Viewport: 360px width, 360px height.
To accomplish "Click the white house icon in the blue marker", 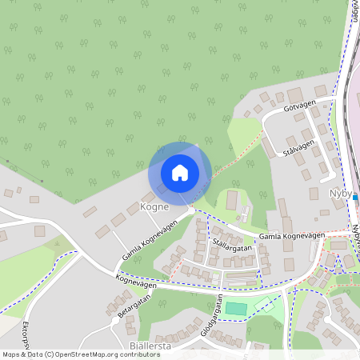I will pos(180,172).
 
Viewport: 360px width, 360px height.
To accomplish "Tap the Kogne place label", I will pos(153,206).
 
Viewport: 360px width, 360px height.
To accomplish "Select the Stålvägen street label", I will pos(299,148).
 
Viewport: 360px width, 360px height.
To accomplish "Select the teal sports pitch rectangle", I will pos(236,308).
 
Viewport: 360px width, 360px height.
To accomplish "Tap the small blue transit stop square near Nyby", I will pos(355,198).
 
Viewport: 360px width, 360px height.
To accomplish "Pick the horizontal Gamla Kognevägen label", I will pos(291,235).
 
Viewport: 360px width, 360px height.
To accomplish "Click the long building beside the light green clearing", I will pos(232,200).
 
